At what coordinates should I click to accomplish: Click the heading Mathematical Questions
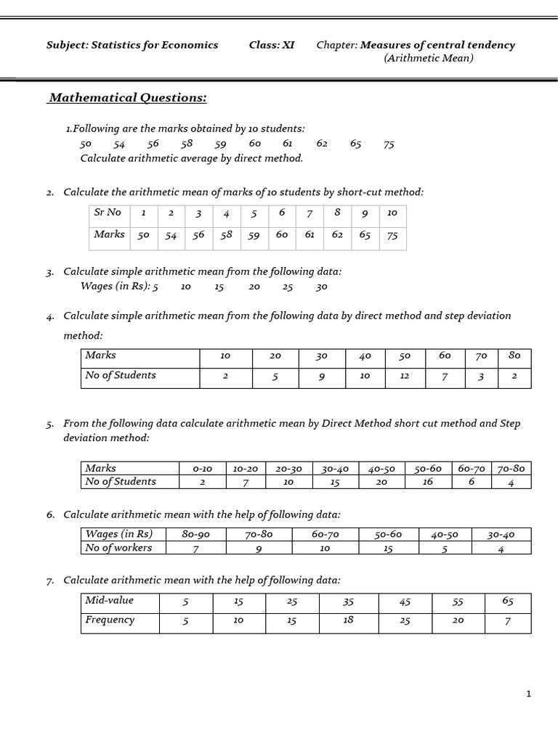click(127, 98)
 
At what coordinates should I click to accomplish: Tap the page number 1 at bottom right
click(529, 694)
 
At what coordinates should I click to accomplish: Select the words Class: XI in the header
click(272, 45)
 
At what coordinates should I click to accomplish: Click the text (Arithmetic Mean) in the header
click(428, 58)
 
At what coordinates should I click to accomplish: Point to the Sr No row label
click(108, 213)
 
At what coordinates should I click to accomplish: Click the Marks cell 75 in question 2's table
click(392, 236)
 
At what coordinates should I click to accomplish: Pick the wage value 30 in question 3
click(322, 287)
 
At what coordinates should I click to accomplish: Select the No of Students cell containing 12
click(405, 376)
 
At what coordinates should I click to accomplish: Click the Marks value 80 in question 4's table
click(514, 356)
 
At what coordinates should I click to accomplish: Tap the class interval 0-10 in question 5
click(202, 469)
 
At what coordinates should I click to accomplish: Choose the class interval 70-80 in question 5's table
click(511, 469)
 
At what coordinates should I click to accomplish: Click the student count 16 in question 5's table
click(428, 482)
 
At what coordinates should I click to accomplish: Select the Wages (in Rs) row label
click(119, 535)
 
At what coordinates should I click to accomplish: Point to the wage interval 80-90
click(196, 535)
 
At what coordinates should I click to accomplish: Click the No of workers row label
click(118, 548)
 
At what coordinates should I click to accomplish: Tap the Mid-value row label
click(110, 601)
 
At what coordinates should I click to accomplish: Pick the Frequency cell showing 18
click(348, 620)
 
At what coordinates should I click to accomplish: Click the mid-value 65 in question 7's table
click(508, 601)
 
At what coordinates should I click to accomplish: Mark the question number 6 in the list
click(51, 515)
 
